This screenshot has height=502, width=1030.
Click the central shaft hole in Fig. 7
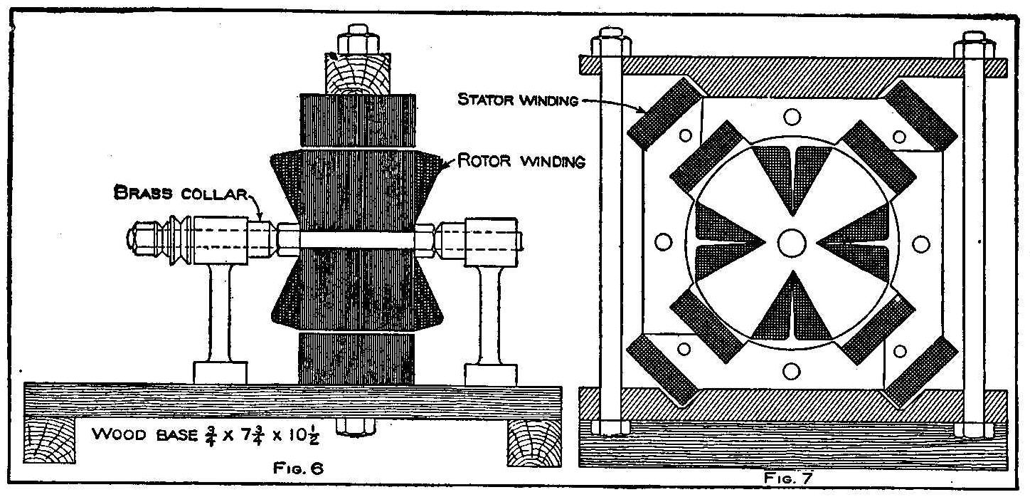coord(791,243)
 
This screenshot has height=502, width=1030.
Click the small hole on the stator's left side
coord(663,244)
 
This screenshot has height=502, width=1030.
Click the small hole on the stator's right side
coord(920,244)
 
